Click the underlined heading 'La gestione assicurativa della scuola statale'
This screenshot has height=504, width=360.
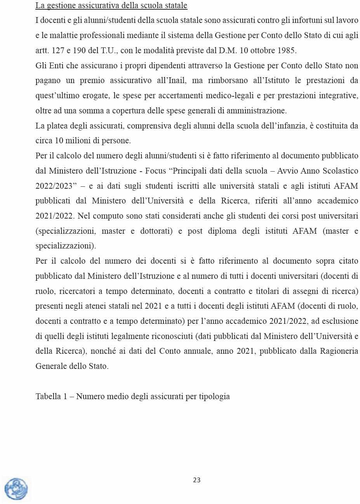111,6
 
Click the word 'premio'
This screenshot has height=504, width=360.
92,81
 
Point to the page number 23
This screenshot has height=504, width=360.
197,480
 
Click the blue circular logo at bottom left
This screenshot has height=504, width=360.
16,489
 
